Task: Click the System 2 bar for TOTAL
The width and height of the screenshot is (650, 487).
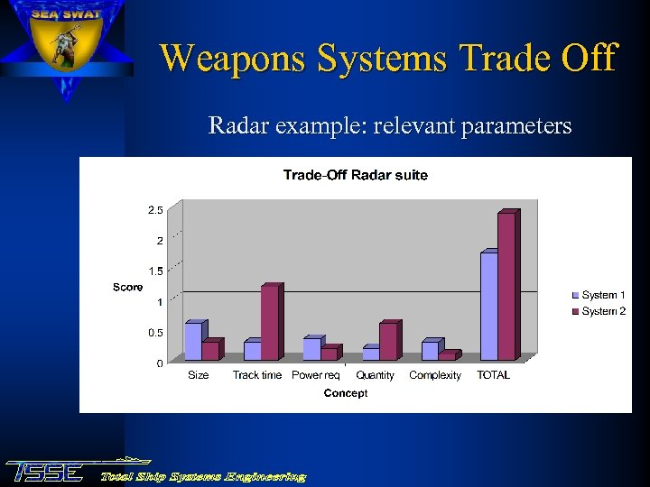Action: pyautogui.click(x=506, y=287)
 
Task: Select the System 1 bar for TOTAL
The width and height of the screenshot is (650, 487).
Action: pyautogui.click(x=488, y=307)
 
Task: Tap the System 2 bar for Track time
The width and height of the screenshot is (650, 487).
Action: pyautogui.click(x=269, y=323)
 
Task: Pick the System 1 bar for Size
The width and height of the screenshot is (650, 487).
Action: pyautogui.click(x=193, y=342)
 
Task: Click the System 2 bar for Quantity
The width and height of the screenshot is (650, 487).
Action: pyautogui.click(x=387, y=342)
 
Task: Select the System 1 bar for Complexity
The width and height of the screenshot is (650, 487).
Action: pyautogui.click(x=430, y=351)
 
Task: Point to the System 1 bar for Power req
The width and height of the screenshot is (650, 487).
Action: pyautogui.click(x=311, y=349)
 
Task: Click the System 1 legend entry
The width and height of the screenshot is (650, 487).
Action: pyautogui.click(x=599, y=295)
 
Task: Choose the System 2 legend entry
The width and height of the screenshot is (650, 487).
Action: pyautogui.click(x=599, y=311)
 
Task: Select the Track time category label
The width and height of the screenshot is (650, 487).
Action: pyautogui.click(x=257, y=375)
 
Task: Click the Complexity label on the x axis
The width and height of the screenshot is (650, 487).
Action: pyautogui.click(x=435, y=375)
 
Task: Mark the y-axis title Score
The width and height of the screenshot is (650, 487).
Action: pyautogui.click(x=127, y=287)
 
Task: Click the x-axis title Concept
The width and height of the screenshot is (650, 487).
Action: pyautogui.click(x=346, y=393)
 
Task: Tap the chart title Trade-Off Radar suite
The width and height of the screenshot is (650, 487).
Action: pyautogui.click(x=355, y=175)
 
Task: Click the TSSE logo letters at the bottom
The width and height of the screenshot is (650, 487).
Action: pyautogui.click(x=45, y=472)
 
